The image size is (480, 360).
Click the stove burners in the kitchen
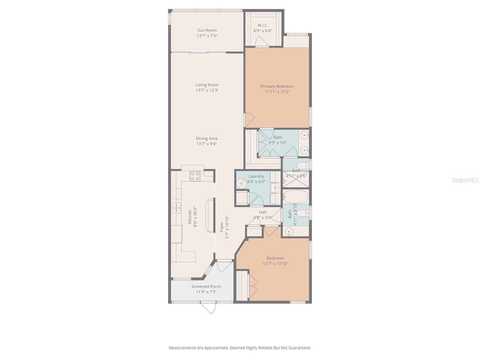pyautogui.click(x=195, y=176)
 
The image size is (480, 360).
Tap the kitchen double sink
pyautogui.click(x=176, y=207)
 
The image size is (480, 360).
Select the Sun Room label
pyautogui.click(x=207, y=30)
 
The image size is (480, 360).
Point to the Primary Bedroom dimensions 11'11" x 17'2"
pyautogui.click(x=277, y=92)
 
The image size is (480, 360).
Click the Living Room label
pyautogui.click(x=207, y=85)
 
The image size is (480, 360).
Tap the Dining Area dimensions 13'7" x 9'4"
pyautogui.click(x=206, y=144)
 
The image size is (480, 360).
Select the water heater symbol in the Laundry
pyautogui.click(x=241, y=183)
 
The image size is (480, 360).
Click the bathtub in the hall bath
pyautogui.click(x=296, y=196)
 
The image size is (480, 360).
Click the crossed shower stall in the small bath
pyautogui.click(x=296, y=179)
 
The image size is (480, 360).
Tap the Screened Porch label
pyautogui.click(x=206, y=286)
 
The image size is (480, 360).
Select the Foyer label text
pyautogui.click(x=222, y=227)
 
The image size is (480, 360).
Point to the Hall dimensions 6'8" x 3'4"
pyautogui.click(x=263, y=217)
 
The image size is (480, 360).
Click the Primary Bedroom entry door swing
pyautogui.click(x=249, y=120)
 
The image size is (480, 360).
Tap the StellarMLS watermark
pyautogui.click(x=465, y=180)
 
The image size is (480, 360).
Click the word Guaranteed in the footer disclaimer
pyautogui.click(x=299, y=348)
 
